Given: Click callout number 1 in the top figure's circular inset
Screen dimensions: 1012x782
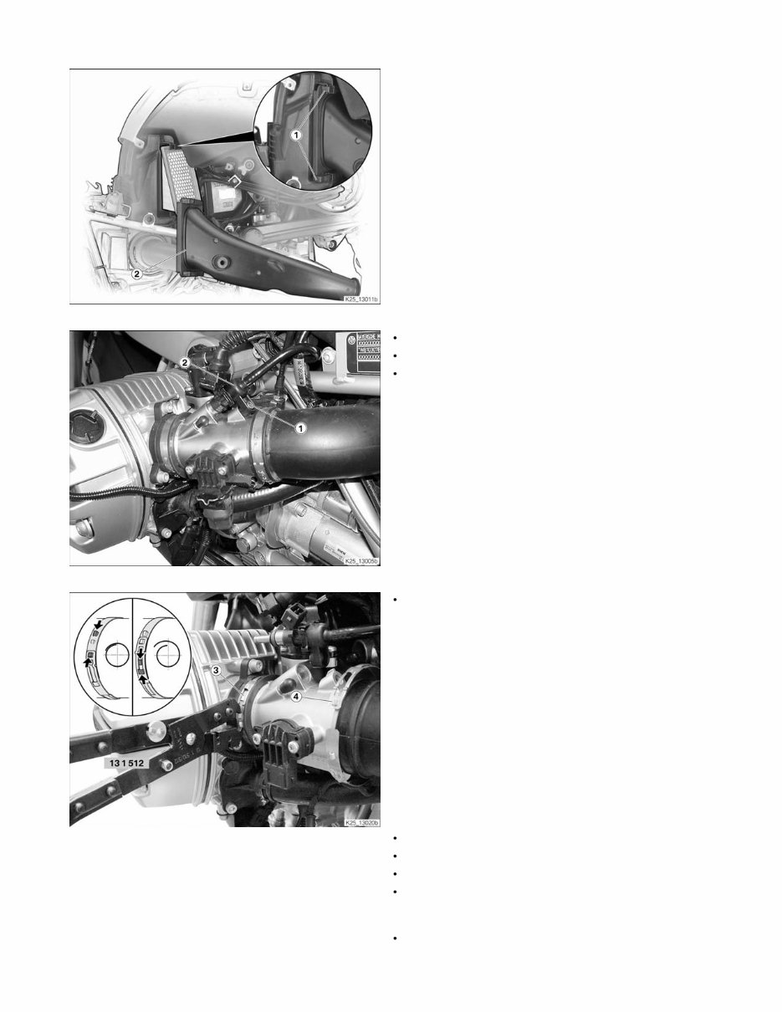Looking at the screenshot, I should point(296,134).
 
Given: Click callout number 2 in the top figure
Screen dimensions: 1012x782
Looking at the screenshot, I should point(136,273).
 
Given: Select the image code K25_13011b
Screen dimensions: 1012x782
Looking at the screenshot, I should point(360,298).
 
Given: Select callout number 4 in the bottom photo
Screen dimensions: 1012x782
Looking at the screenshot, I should point(295,695).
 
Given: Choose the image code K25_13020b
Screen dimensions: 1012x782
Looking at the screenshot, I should point(360,823).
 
